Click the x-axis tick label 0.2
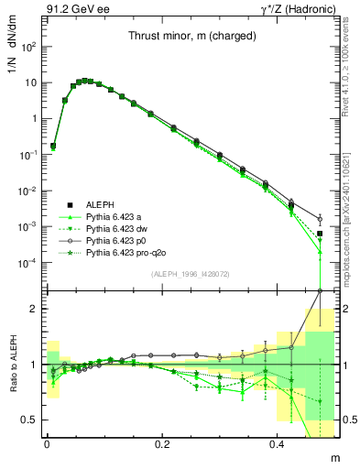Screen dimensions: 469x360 [x=163, y=445]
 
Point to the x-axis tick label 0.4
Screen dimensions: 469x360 [x=279, y=445]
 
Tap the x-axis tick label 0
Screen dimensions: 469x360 [x=47, y=445]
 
